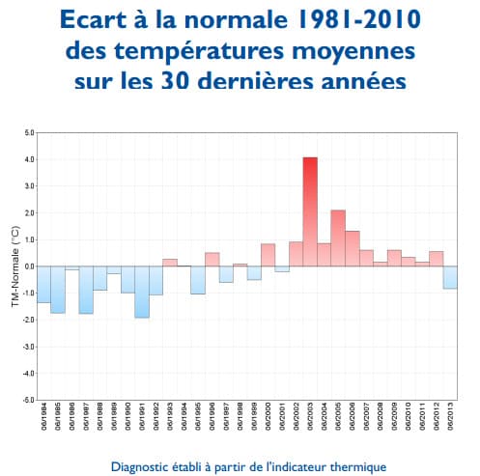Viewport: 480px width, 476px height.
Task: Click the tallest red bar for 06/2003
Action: click(309, 211)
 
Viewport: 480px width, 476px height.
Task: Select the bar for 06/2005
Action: click(338, 238)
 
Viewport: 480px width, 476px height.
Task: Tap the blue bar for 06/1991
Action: click(142, 292)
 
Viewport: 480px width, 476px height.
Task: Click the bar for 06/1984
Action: click(43, 284)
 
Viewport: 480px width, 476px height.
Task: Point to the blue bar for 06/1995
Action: click(198, 280)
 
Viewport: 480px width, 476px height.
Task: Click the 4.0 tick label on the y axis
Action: click(29, 159)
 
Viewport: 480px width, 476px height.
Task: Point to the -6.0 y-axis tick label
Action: click(28, 399)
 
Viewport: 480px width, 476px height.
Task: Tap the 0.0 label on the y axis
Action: click(29, 266)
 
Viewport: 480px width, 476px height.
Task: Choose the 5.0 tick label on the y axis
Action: click(29, 132)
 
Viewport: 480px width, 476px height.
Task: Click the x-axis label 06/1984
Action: click(44, 421)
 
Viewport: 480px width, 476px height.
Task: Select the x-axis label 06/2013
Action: click(451, 421)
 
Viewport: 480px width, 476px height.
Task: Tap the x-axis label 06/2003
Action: click(311, 421)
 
